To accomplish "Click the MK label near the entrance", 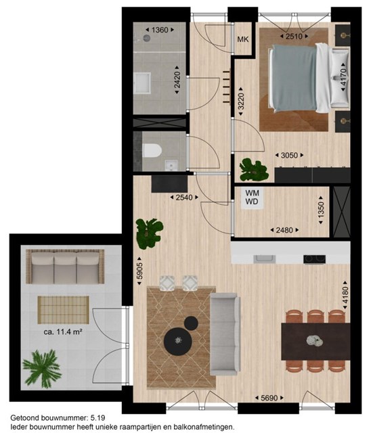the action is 243,39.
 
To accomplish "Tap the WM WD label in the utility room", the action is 252,197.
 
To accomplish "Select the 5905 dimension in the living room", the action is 139,271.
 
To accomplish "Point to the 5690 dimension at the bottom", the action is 269,398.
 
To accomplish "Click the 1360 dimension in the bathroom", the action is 160,30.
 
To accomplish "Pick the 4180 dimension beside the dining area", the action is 345,296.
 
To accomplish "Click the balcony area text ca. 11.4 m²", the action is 63,332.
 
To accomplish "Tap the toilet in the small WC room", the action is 152,150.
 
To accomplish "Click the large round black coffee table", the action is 177,340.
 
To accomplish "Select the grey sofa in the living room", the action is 225,334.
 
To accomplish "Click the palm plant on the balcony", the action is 42,368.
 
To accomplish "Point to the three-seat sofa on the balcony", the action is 65,267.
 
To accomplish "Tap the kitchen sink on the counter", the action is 265,259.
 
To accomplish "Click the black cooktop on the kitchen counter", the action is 314,259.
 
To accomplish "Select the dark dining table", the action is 315,342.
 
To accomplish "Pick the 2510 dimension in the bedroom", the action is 294,36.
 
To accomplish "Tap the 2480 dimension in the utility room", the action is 284,230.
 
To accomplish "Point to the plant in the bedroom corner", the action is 253,170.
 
